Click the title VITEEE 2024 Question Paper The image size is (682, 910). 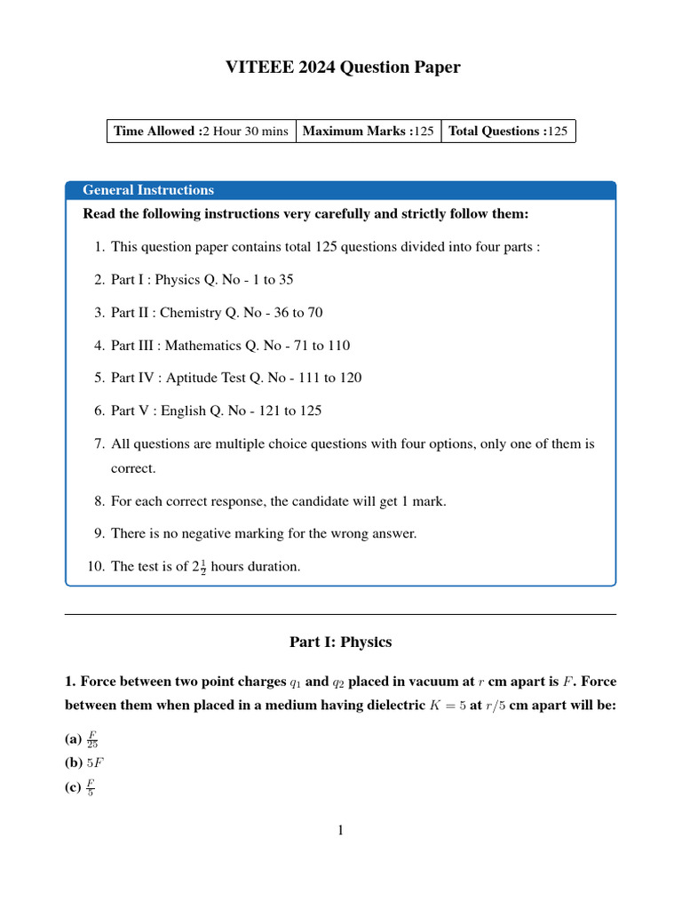click(x=340, y=68)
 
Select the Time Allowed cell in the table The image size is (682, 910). click(x=201, y=132)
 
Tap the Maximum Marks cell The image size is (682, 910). click(x=368, y=132)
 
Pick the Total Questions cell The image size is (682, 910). click(x=507, y=132)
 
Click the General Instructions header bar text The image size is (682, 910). click(x=148, y=190)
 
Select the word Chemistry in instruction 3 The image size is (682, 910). click(x=190, y=313)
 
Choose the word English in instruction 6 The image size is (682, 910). click(x=180, y=411)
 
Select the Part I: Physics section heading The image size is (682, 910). click(x=340, y=642)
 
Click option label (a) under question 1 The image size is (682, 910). click(x=73, y=739)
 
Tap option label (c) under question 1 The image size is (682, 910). click(x=73, y=787)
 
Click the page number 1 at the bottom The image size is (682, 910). click(x=340, y=831)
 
